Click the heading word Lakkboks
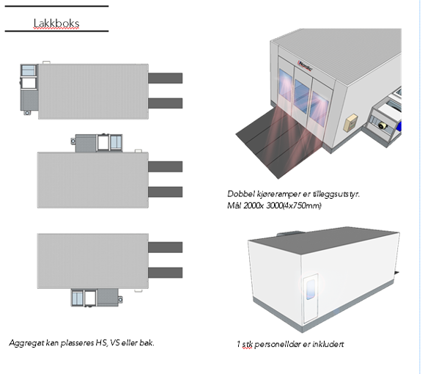pos(56,23)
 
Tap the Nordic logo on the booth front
pos(305,66)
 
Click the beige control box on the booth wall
pos(351,123)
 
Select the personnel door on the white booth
pos(311,298)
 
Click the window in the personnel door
pos(311,290)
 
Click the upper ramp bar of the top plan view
pos(166,78)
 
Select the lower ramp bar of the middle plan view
pos(166,191)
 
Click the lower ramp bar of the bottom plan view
pos(166,273)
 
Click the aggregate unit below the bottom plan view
pos(97,298)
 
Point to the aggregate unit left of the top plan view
pos(29,89)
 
